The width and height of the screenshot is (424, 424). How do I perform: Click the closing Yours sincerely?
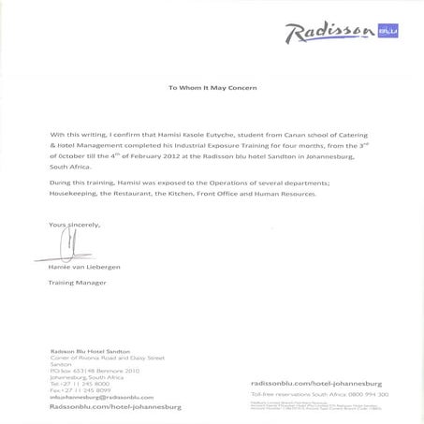[x=74, y=225]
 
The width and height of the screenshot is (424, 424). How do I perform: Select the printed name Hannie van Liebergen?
[x=84, y=267]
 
